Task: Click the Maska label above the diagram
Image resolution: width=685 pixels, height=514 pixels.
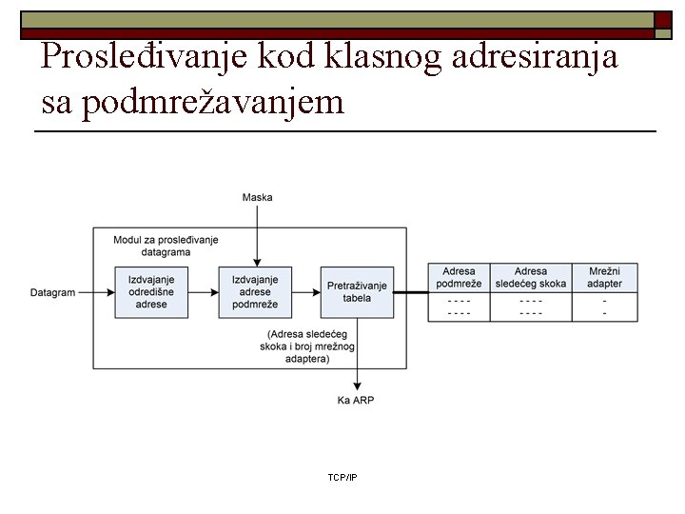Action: (x=257, y=197)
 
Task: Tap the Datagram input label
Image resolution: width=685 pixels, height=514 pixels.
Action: (x=52, y=292)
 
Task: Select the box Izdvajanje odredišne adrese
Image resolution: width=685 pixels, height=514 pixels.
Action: (x=151, y=291)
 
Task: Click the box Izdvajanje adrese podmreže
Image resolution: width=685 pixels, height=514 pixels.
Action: (x=255, y=291)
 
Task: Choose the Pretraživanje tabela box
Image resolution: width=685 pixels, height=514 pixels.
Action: (x=357, y=291)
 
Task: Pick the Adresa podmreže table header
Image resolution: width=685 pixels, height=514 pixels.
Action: (x=459, y=277)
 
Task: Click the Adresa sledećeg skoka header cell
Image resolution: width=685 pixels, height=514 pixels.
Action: (x=531, y=277)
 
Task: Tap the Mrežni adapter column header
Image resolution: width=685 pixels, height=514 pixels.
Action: (x=604, y=277)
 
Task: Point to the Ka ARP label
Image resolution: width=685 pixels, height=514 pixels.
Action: (x=356, y=400)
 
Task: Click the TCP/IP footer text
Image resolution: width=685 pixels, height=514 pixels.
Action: (x=342, y=476)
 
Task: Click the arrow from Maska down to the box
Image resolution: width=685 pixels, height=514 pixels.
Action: (x=256, y=233)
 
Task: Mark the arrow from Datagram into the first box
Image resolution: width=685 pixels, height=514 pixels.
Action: (x=96, y=292)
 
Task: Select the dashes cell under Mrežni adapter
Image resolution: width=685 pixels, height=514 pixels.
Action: (x=604, y=306)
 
